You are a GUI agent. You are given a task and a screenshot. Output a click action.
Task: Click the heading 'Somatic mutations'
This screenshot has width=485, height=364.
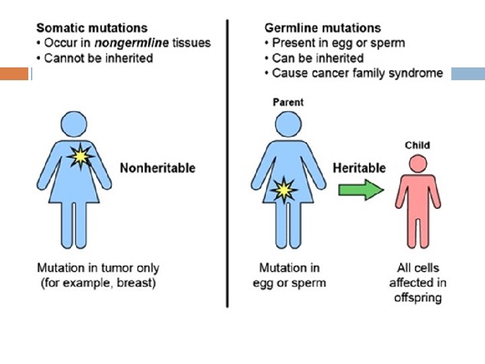(x=92, y=28)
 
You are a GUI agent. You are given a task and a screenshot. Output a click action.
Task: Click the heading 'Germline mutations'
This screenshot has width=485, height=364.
(x=323, y=28)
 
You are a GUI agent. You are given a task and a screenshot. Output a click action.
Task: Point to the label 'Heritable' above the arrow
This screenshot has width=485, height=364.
(x=360, y=168)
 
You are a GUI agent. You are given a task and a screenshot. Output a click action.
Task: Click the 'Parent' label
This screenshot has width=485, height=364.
(x=288, y=102)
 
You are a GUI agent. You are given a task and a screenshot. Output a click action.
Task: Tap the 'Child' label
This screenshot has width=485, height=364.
(x=417, y=145)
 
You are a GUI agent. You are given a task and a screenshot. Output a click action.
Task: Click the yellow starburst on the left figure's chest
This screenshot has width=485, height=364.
(x=81, y=156)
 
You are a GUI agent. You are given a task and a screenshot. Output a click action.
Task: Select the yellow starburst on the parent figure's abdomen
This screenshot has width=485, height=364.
(x=283, y=191)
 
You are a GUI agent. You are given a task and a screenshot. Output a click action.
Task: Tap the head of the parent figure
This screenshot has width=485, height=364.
(x=288, y=125)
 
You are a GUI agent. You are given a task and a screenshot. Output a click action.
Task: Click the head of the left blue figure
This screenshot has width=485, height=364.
(x=74, y=125)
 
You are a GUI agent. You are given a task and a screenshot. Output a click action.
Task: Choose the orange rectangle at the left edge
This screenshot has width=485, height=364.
(x=14, y=73)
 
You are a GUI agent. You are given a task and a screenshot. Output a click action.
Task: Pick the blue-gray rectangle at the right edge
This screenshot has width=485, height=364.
(x=467, y=73)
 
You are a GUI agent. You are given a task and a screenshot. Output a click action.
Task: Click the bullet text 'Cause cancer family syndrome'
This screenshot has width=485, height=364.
(x=357, y=73)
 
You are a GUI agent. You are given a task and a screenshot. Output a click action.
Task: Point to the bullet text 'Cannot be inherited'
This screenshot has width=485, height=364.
(x=98, y=58)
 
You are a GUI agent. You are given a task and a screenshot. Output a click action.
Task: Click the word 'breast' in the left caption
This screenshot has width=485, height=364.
(x=137, y=283)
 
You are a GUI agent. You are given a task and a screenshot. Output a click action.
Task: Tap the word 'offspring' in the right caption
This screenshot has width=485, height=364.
(x=418, y=297)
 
